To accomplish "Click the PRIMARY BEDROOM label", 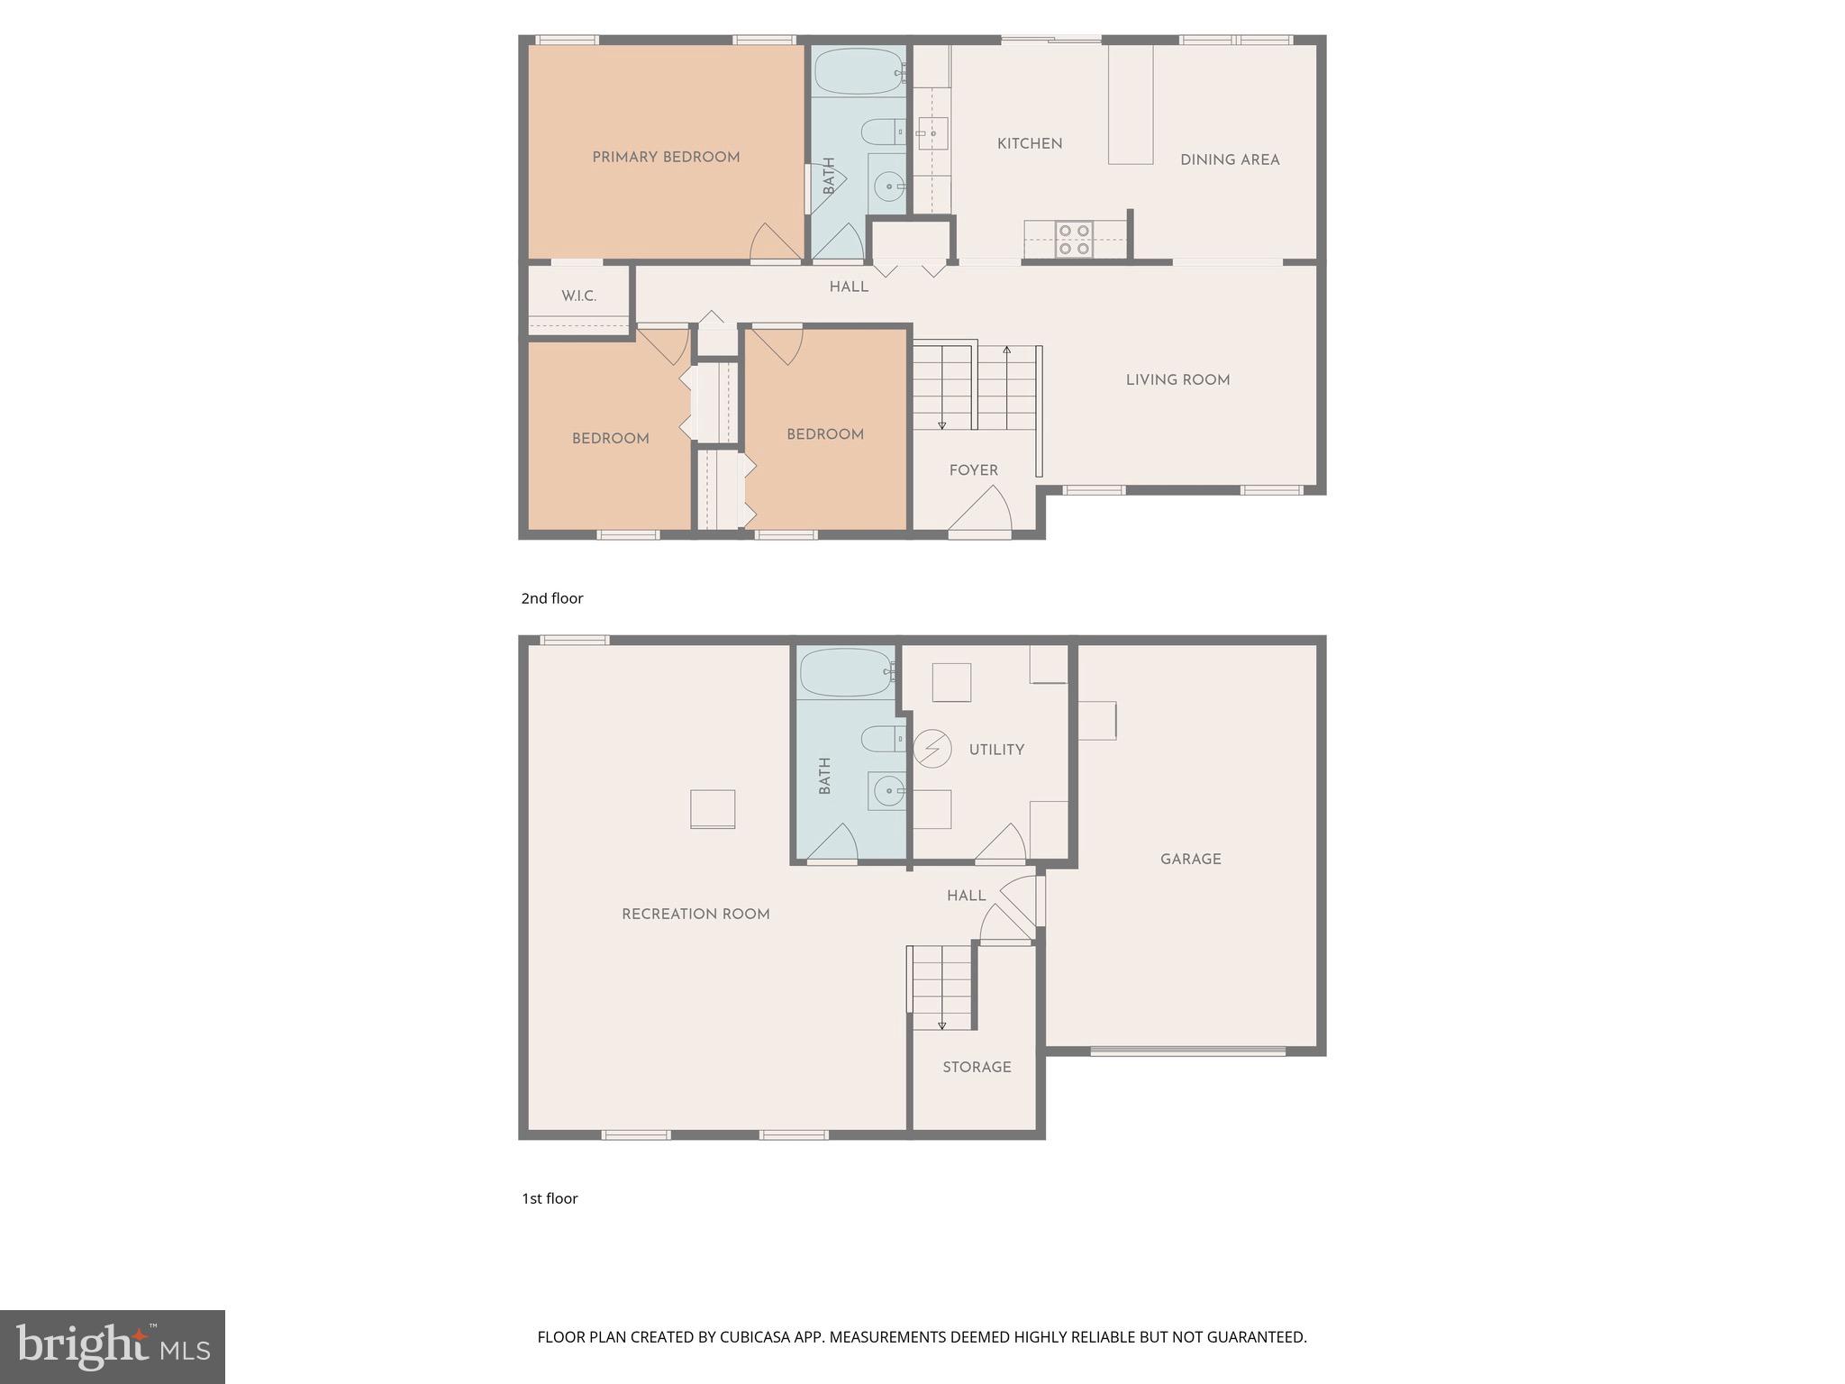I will point(666,158).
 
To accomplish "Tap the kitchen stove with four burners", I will point(1074,240).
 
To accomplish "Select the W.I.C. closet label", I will point(578,296).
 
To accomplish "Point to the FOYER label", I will point(973,470).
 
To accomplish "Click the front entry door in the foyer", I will point(980,514).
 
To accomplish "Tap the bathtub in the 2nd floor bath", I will point(858,71).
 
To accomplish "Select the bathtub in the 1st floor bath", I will point(845,672).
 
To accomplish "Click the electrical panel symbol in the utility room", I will point(932,748).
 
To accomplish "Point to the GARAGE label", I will point(1190,860).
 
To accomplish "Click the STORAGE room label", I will point(977,1068).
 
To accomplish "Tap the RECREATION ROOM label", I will point(695,915).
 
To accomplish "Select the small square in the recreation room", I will point(713,808).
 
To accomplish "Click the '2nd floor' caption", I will point(552,598).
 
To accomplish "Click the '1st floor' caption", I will point(550,1198).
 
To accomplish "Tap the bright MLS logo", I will point(113,1347).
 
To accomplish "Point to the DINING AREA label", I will point(1230,160).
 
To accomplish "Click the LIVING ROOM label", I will point(1177,380).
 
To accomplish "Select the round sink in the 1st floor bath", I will point(888,793).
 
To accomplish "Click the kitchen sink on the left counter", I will point(932,133).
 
